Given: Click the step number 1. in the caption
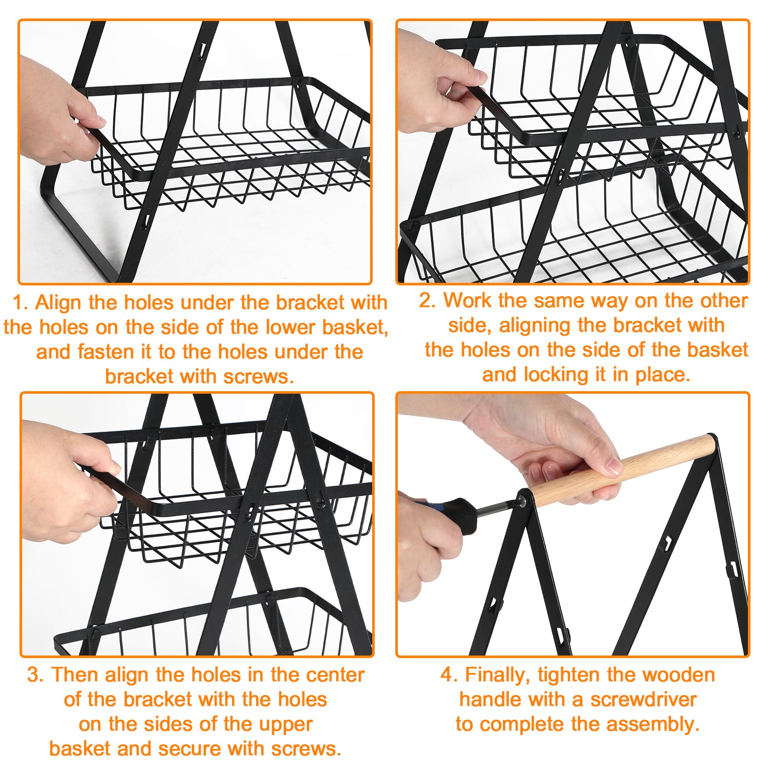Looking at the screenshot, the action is [20, 302].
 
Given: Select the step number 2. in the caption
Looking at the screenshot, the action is [427, 300].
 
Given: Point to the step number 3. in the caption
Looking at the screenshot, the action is [35, 675].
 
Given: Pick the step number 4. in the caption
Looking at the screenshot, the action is [449, 675].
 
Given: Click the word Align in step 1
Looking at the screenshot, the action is [59, 303].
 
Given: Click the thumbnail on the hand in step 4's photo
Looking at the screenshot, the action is [612, 467].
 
